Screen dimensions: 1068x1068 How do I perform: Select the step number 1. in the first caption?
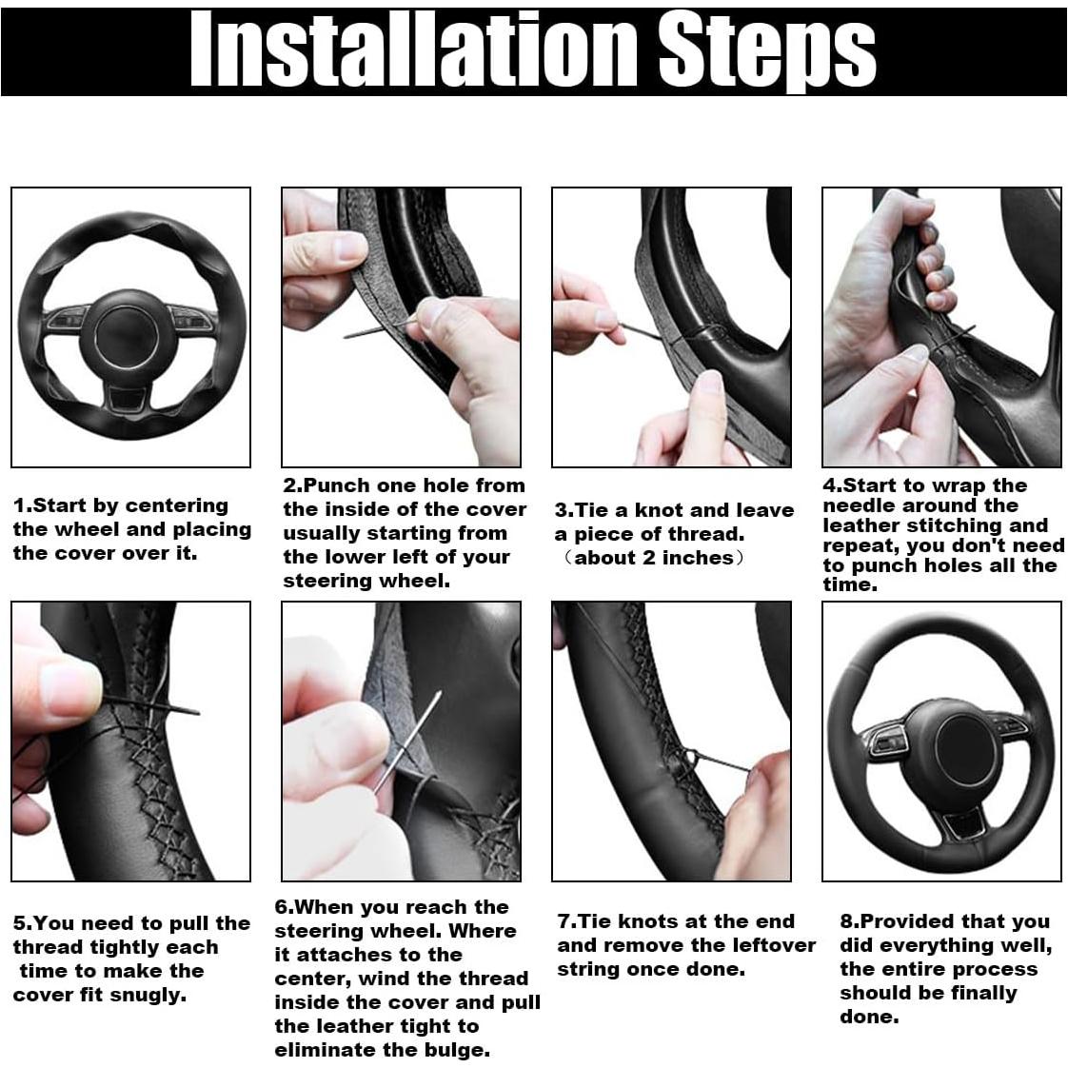click(x=22, y=505)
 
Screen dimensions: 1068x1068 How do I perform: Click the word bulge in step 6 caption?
click(x=453, y=1050)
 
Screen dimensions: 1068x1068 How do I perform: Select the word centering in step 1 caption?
click(x=177, y=505)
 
